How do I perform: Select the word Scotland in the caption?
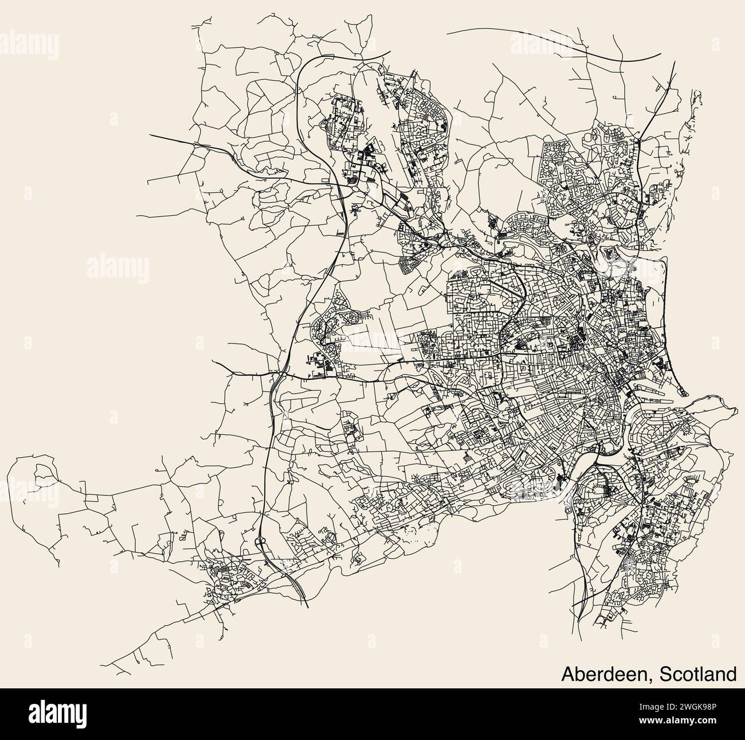[699, 673]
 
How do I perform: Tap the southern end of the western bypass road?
[308, 606]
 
